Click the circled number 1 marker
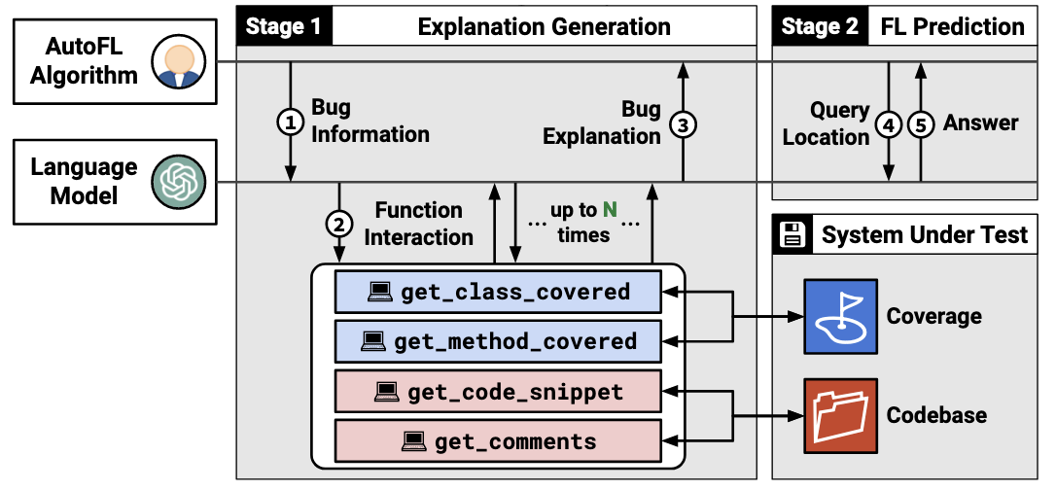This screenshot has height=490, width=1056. (x=291, y=123)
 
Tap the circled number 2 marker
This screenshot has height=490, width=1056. (x=338, y=225)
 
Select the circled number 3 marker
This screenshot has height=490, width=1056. (x=683, y=124)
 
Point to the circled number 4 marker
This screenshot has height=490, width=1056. (x=889, y=123)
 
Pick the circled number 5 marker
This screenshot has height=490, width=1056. (x=920, y=123)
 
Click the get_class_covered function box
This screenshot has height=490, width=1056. (x=499, y=292)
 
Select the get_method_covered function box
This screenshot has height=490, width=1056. (x=499, y=341)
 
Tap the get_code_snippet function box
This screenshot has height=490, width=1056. (x=499, y=391)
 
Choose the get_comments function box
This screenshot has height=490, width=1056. (x=499, y=440)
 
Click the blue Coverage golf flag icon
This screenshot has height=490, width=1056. (x=840, y=316)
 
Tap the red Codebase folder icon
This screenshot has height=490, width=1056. (x=840, y=415)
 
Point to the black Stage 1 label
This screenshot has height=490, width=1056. (x=284, y=27)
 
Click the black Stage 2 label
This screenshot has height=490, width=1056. (x=821, y=27)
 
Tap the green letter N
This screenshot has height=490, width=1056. (x=610, y=210)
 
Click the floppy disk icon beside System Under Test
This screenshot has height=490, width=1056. (x=792, y=235)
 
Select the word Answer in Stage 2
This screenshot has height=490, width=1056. (x=980, y=123)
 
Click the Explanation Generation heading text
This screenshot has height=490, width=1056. (x=545, y=27)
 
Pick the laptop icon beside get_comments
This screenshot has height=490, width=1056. (x=413, y=441)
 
